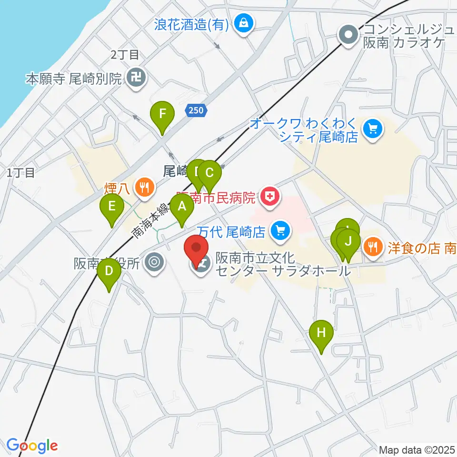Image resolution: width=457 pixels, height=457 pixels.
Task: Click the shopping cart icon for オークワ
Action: click(x=371, y=129)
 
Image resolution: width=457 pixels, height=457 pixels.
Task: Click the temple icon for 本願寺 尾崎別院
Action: click(x=136, y=78)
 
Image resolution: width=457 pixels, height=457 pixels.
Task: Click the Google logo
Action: click(x=32, y=446)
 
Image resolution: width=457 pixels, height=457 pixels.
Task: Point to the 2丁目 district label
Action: click(x=125, y=55)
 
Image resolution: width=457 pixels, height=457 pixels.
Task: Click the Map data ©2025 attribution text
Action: click(x=417, y=449)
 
